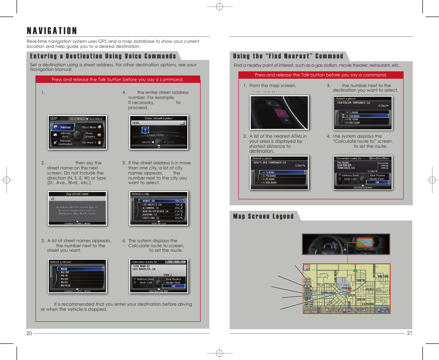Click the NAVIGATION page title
click(x=52, y=31)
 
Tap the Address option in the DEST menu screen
click(x=65, y=127)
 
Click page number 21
click(x=409, y=333)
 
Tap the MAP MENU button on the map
click(x=383, y=309)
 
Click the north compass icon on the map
click(x=307, y=267)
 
